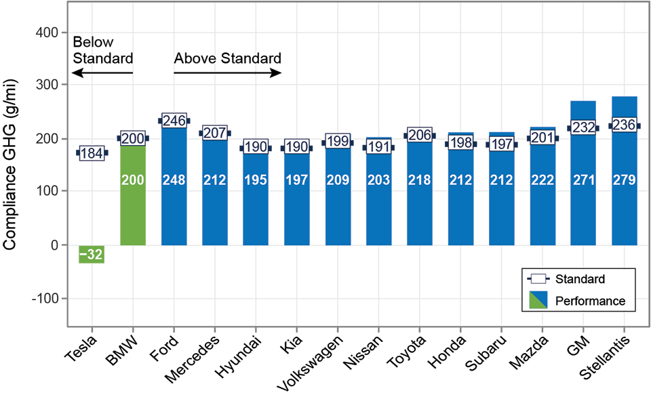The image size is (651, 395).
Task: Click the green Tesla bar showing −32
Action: click(x=92, y=254)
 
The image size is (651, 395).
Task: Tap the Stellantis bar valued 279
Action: click(x=623, y=203)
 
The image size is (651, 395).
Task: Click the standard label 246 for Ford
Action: click(x=174, y=121)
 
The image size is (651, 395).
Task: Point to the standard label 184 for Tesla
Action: click(x=92, y=153)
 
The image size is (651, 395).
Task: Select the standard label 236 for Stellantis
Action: click(x=623, y=126)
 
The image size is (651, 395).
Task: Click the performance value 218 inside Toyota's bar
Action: click(x=418, y=181)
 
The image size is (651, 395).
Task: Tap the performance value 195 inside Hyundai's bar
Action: click(x=255, y=181)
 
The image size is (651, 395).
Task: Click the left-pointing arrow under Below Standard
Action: click(x=102, y=73)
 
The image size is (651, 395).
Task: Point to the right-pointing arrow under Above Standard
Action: click(x=227, y=73)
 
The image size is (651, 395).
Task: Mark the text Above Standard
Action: click(x=227, y=58)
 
